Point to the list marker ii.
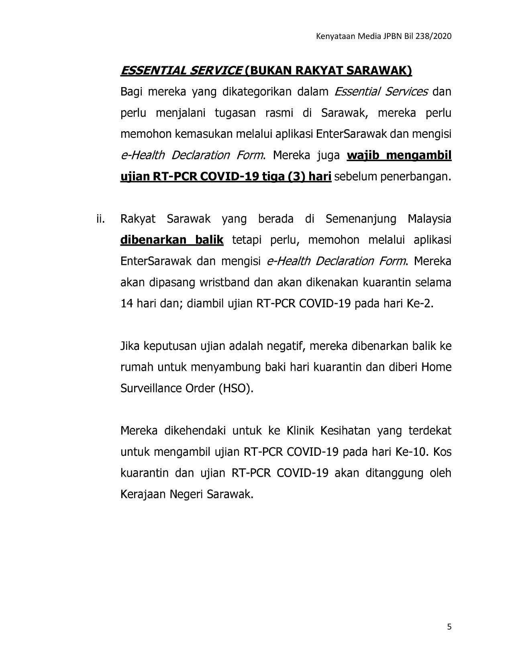coord(100,219)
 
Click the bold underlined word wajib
coord(362,155)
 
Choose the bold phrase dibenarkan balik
coord(172,240)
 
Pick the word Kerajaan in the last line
coord(141,494)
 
